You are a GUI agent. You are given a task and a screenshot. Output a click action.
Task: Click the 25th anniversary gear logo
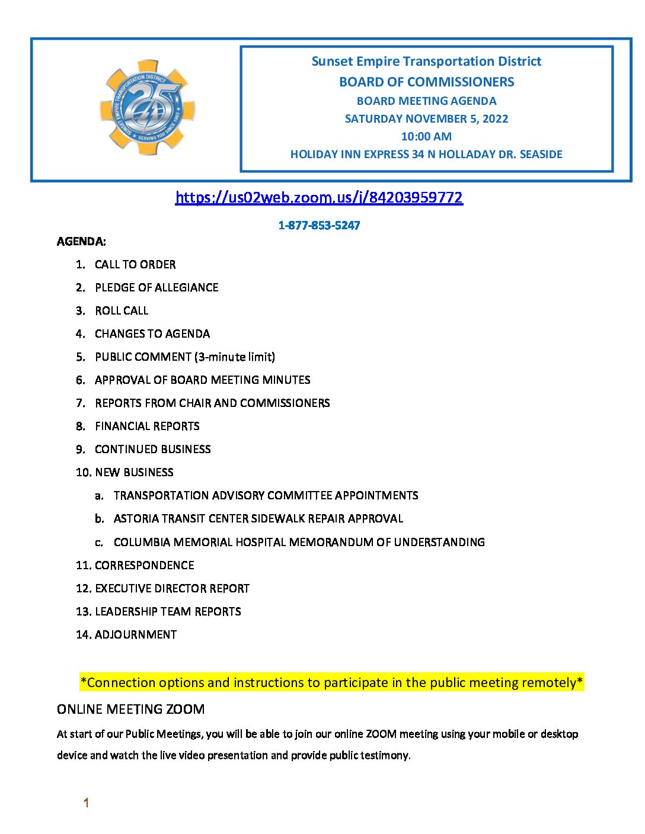[x=147, y=108]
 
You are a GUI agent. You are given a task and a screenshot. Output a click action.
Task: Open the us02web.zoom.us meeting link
[x=319, y=197]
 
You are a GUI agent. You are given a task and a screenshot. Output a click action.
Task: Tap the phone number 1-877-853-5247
[x=319, y=225]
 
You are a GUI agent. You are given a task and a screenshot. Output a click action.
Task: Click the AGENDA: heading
[x=81, y=241]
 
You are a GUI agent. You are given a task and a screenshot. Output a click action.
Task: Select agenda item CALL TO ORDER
[x=135, y=264]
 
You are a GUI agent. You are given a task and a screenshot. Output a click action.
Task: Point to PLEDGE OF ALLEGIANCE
[x=157, y=287]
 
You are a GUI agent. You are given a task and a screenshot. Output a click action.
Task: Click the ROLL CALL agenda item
[x=122, y=310]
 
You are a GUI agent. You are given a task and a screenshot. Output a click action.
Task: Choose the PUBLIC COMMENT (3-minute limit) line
[x=185, y=357]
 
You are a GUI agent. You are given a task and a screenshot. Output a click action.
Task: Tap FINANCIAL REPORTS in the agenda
[x=147, y=426]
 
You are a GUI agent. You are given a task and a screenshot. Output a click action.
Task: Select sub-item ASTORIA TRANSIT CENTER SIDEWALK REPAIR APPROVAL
[x=258, y=518]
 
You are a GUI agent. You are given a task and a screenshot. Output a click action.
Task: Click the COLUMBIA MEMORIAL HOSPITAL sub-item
[x=299, y=542]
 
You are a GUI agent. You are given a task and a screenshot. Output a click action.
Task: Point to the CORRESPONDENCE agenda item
[x=144, y=565]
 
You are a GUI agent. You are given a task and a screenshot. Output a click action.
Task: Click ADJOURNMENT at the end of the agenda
[x=136, y=634]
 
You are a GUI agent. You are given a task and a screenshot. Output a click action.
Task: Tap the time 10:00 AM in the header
[x=426, y=136]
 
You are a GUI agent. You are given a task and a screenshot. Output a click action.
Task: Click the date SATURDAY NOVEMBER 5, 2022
[x=426, y=118]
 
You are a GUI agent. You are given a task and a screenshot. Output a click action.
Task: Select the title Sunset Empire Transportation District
[x=426, y=62]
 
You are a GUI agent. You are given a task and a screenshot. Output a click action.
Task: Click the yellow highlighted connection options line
[x=331, y=682]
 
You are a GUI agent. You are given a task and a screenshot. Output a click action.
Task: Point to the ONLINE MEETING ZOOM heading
[x=130, y=709]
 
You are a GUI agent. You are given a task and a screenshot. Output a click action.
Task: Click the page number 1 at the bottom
[x=86, y=803]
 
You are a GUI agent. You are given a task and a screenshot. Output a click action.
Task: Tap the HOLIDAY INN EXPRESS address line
[x=426, y=154]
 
